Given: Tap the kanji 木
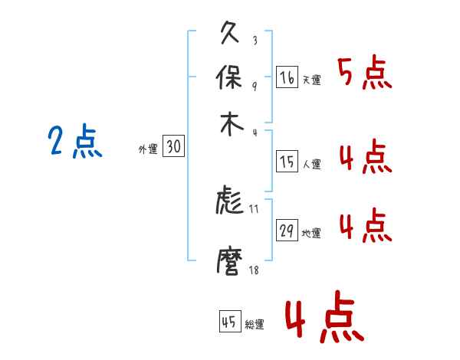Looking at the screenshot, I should pyautogui.click(x=231, y=123).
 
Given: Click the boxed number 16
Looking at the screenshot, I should pyautogui.click(x=287, y=77).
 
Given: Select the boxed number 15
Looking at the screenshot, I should pyautogui.click(x=287, y=161).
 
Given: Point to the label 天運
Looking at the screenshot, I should pyautogui.click(x=311, y=80).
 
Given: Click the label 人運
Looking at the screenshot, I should pyautogui.click(x=311, y=164).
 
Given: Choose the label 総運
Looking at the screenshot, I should pyautogui.click(x=255, y=325).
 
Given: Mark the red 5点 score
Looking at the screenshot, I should pyautogui.click(x=364, y=75).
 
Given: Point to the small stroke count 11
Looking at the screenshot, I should pyautogui.click(x=254, y=208).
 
